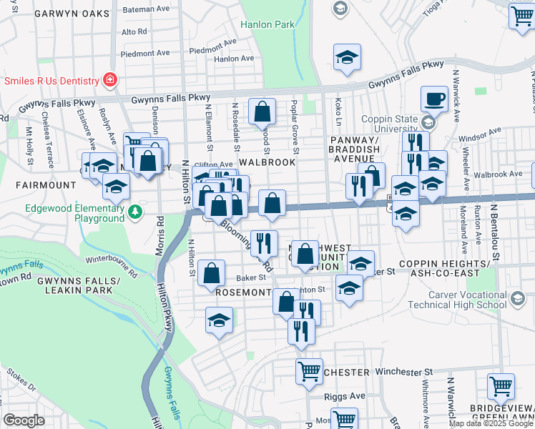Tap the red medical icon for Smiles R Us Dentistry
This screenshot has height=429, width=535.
coord(110,79)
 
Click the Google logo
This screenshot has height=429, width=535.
coord(24,420)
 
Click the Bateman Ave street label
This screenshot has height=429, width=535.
coord(145,9)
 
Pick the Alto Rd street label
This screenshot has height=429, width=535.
coord(134,31)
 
